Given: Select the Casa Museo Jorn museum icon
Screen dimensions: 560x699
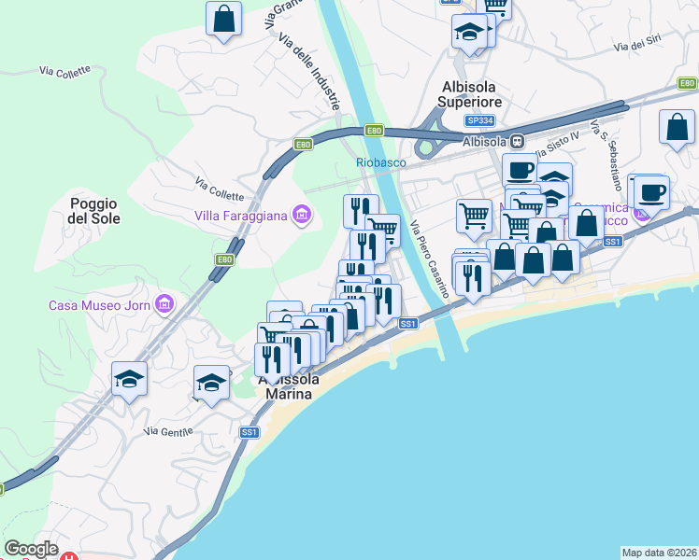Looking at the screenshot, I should click(x=164, y=304).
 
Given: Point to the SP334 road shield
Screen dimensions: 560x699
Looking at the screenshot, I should click(x=479, y=121).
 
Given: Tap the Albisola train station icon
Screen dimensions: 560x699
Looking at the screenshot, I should click(x=516, y=141).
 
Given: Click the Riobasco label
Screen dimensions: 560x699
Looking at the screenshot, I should click(x=379, y=161).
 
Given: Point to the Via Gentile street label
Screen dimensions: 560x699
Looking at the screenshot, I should click(x=168, y=431).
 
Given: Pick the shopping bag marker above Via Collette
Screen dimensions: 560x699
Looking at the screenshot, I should click(x=224, y=19).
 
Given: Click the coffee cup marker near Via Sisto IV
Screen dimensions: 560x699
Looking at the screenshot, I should click(x=520, y=170).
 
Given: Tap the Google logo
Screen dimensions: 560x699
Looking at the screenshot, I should click(x=31, y=549).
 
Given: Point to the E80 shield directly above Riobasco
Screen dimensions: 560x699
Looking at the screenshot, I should click(x=374, y=131).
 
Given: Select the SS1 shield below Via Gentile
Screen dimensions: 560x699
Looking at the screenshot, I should click(x=250, y=432).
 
